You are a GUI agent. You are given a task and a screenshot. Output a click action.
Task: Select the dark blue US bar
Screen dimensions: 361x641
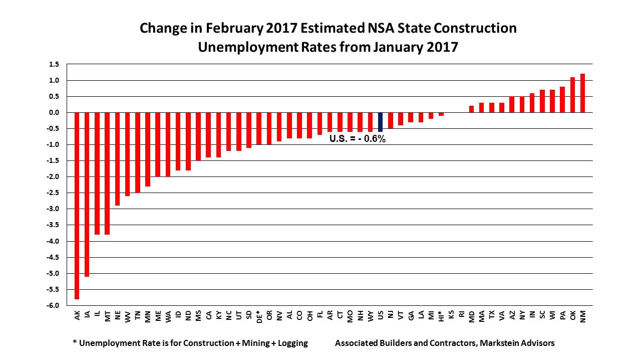[381, 122]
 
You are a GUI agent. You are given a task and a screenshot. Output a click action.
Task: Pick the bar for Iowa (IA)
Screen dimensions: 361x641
[87, 195]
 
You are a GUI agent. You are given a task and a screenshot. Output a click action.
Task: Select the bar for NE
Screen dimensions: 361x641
[117, 159]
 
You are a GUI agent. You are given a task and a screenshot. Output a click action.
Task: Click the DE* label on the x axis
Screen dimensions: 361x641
[259, 317]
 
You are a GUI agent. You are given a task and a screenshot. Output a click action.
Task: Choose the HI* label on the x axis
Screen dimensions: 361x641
[441, 317]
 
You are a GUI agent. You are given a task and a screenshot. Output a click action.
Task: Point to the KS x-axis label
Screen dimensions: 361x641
[451, 315]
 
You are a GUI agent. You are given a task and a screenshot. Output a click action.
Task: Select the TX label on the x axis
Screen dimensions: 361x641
[492, 315]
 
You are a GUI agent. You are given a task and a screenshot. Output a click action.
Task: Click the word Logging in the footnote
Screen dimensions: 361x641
[290, 343]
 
